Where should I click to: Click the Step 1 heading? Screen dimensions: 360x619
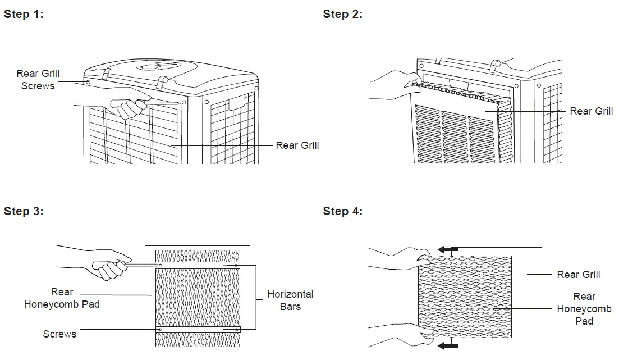pos(24,15)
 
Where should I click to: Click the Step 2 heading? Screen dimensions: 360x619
pos(343,15)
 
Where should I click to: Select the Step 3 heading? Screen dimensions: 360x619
pos(24,211)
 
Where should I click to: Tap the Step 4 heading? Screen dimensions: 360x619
pos(343,211)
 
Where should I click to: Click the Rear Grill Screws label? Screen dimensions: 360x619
pos(38,80)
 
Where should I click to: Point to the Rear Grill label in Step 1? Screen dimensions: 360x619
pos(297,145)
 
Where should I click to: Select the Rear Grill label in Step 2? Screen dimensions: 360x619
pos(591,111)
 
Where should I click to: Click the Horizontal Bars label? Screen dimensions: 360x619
pos(290,300)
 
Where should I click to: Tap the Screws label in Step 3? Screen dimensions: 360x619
pos(59,334)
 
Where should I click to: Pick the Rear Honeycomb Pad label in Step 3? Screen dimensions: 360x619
pos(62,298)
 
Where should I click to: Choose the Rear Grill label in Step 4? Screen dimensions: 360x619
pos(578,275)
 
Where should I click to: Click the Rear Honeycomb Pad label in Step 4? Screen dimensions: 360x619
pos(584,309)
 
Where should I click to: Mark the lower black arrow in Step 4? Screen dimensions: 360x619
pos(448,345)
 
